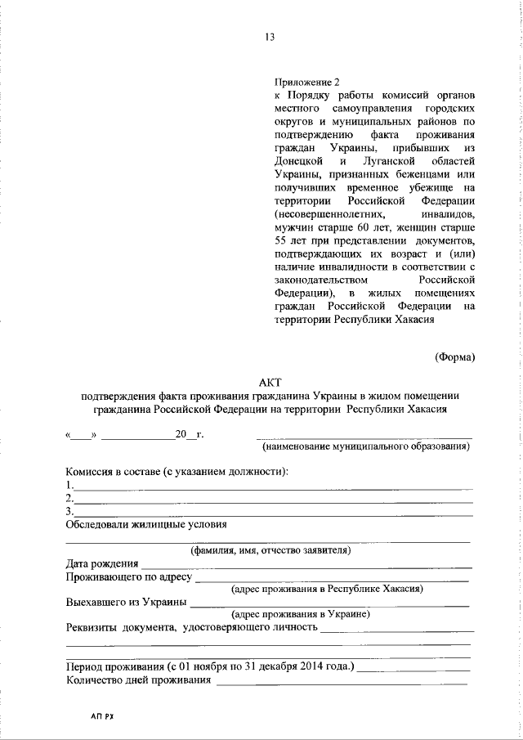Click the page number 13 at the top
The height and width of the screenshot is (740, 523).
[269, 37]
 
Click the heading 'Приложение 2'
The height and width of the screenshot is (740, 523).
[306, 83]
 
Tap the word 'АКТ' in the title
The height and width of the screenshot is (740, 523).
[269, 381]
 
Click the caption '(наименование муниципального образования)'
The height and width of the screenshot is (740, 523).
[364, 446]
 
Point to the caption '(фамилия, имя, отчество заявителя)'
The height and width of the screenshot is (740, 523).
[270, 550]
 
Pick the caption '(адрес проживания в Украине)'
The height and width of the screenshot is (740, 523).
[301, 614]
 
